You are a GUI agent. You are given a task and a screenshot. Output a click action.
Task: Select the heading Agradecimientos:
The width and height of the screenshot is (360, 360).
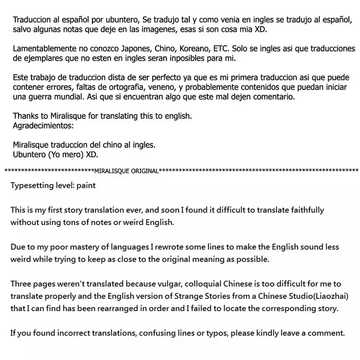tap(43, 125)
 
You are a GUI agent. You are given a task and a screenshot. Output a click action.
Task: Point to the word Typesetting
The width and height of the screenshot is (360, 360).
tap(33, 186)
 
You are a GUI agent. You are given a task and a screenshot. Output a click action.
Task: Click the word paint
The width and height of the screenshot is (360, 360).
tap(86, 186)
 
